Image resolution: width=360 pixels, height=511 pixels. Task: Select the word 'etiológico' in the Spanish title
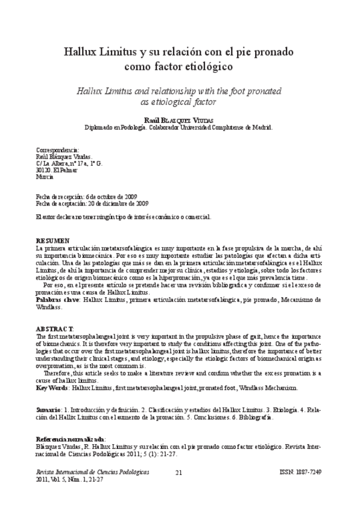click(204, 66)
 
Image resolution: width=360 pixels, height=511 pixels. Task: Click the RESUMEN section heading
click(52, 240)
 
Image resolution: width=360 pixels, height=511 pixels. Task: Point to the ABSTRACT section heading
click(55, 328)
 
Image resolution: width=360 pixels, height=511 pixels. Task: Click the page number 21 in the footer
click(178, 473)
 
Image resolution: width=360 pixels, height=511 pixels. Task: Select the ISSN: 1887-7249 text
click(302, 472)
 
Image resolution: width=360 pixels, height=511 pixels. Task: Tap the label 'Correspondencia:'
click(57, 149)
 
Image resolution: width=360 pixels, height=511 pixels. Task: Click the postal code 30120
click(44, 169)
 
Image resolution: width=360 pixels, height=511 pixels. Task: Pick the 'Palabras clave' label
click(57, 298)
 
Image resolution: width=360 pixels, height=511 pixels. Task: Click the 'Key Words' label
click(52, 387)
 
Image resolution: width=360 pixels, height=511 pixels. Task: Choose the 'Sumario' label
click(48, 409)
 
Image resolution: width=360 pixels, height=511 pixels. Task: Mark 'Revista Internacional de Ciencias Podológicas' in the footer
click(93, 472)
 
